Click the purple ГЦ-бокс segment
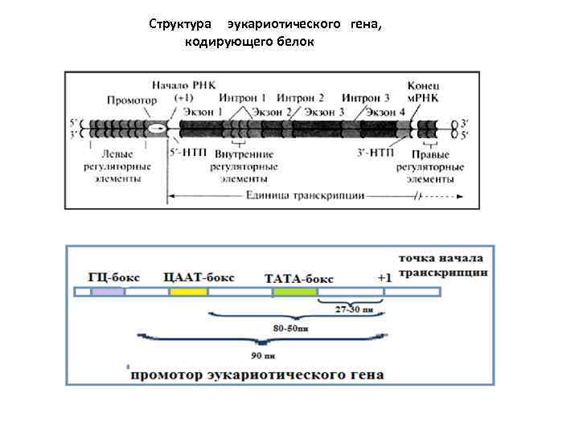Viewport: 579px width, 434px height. (108, 292)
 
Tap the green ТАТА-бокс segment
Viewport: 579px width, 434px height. (295, 292)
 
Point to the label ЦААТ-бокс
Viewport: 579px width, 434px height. (199, 276)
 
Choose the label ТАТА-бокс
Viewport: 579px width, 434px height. (298, 277)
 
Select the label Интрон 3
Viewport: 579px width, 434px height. (366, 98)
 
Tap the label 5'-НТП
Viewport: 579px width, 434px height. (187, 150)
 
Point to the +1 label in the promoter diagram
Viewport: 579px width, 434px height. (384, 277)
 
